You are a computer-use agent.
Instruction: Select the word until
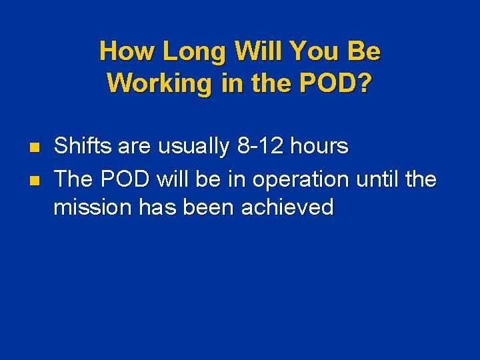[x=379, y=179]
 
